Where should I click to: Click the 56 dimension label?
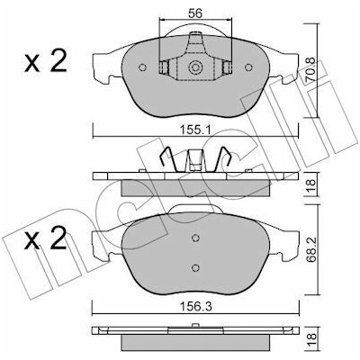click(195, 13)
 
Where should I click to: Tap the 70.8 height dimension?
click(310, 70)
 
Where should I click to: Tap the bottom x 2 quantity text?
click(46, 238)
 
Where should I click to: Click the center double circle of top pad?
click(195, 67)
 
